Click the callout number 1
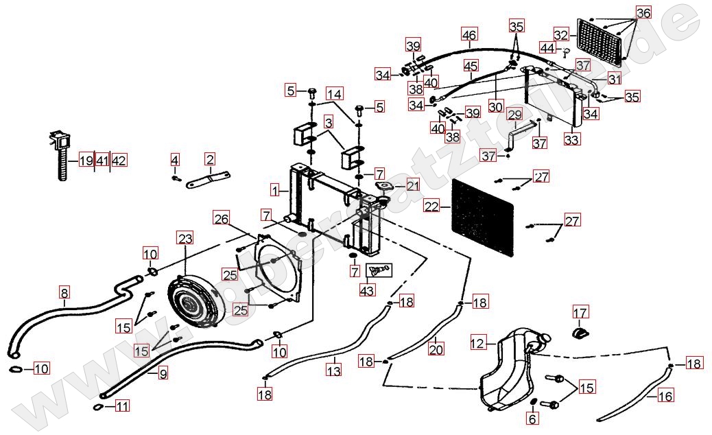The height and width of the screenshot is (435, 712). point(274,189)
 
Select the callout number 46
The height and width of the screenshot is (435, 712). point(469,34)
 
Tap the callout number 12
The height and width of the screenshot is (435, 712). point(478,342)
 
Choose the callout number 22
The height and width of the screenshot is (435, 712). point(431,206)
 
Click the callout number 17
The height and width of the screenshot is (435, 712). point(580,313)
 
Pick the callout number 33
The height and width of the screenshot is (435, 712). point(571,139)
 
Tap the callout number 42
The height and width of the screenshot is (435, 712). point(119,161)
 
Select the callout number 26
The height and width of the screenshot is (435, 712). point(220,219)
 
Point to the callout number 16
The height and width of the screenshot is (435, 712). point(665,396)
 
